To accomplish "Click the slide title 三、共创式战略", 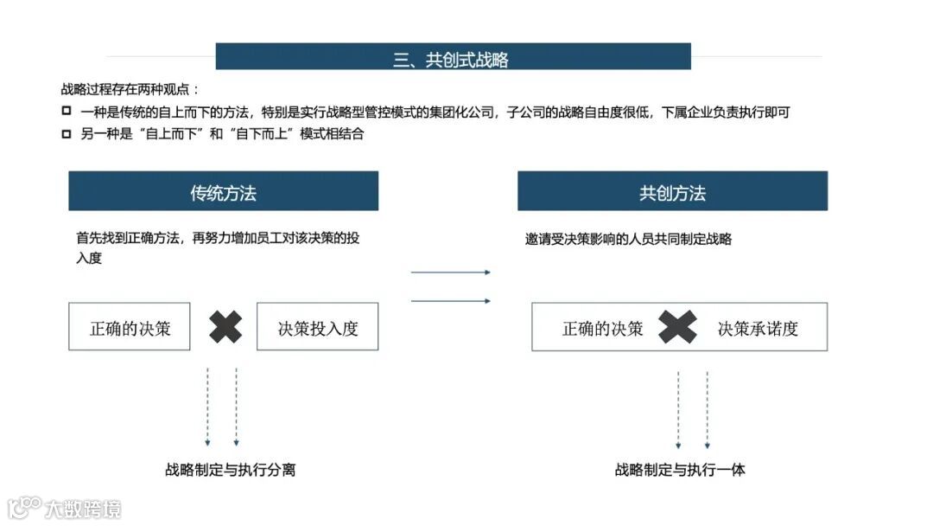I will pos(452,58).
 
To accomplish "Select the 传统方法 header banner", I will pos(223,191).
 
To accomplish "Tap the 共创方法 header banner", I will pos(672,191).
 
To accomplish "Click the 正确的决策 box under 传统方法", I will pos(130,327).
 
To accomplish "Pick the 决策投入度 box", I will pos(317,327).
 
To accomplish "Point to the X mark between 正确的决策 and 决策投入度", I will pos(225,326).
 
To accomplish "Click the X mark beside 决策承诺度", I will pos(677,326).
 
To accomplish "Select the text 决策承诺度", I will pos(758,328).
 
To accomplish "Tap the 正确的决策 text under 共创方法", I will pos(602,328).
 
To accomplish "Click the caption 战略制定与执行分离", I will pos(231,470).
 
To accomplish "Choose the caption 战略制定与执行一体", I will pos(680,470).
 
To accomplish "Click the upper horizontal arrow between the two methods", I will pos(450,273).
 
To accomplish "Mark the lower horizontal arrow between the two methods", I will pos(450,301).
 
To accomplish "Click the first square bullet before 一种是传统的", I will pos(67,111).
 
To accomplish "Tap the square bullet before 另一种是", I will pos(67,133).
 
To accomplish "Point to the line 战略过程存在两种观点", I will pos(130,88).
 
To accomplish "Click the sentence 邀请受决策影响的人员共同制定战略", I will pos(628,239).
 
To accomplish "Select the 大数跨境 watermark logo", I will pos(65,508).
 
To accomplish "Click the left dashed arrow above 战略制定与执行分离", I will pos(207,407).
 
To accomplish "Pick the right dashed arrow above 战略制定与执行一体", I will pos(707,410).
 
